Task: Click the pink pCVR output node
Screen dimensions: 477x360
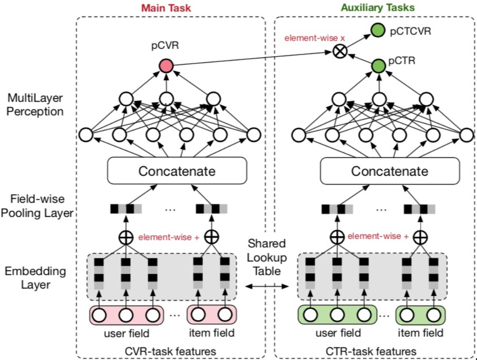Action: point(167,66)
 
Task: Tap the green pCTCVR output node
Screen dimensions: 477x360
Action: point(378,30)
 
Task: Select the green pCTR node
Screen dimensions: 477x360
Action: point(379,66)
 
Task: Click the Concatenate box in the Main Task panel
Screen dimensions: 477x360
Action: point(177,171)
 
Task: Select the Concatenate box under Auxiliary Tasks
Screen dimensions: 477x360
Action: point(390,171)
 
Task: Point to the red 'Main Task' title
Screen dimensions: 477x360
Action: point(166,8)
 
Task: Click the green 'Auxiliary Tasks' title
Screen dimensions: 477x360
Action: point(378,8)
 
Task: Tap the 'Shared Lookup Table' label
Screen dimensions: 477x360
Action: point(267,257)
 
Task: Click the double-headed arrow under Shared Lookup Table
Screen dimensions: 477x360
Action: point(267,286)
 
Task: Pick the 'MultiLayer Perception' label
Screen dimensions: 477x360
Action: point(35,105)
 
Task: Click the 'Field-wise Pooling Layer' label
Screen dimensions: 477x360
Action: point(37,206)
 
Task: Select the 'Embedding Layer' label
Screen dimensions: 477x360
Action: point(35,278)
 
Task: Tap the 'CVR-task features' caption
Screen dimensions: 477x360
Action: point(171,351)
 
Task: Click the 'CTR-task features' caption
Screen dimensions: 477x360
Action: point(371,351)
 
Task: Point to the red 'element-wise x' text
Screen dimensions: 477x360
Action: point(315,38)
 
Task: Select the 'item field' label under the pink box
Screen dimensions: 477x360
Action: point(212,333)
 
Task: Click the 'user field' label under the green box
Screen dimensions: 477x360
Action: point(338,333)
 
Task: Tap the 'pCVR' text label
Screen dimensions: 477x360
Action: point(165,45)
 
